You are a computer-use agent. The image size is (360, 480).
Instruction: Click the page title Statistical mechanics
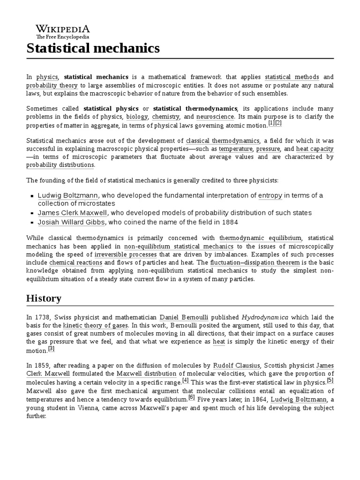93,48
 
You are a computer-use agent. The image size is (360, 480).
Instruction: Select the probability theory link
52,85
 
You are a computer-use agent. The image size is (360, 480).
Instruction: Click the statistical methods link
292,77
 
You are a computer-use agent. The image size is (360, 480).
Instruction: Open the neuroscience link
215,116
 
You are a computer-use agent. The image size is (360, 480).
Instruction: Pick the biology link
137,116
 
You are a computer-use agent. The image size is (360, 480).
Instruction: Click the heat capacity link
315,148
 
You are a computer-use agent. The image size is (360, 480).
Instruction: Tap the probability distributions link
60,165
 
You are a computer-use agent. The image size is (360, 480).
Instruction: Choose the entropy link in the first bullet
270,195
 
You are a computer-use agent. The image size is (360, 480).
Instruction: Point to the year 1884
231,222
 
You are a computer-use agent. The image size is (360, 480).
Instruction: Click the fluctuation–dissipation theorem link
255,262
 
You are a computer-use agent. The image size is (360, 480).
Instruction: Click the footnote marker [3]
52,349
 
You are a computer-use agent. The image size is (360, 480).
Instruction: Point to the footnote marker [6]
191,397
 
